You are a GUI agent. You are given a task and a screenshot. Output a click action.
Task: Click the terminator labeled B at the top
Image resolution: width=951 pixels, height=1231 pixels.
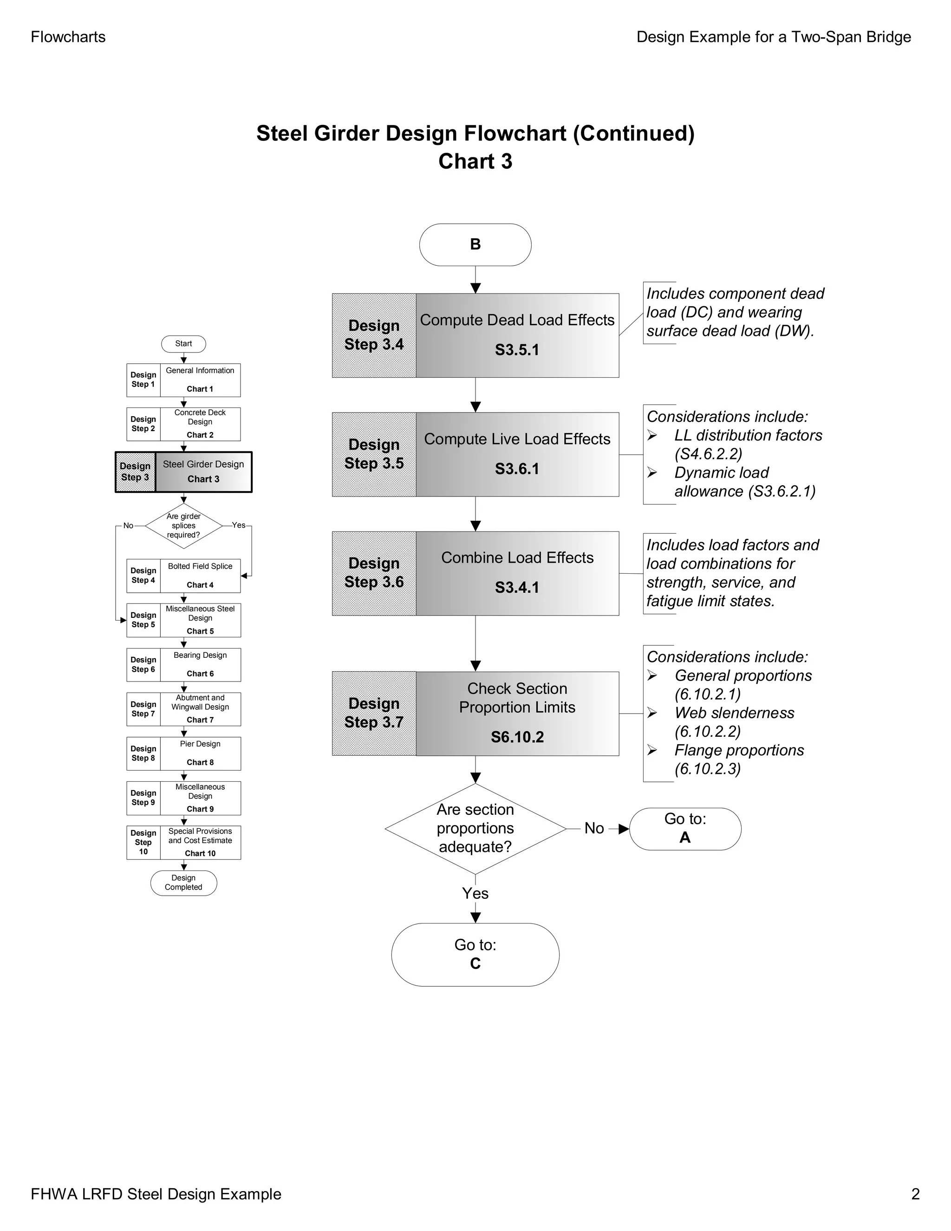coord(475,245)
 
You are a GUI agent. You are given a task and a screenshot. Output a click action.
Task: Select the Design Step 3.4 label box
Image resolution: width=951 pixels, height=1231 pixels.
coord(373,335)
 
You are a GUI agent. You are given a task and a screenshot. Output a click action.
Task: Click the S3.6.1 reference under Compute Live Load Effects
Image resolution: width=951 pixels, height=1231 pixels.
coord(517,469)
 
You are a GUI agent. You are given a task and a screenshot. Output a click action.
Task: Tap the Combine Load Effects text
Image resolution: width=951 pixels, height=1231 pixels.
coord(517,557)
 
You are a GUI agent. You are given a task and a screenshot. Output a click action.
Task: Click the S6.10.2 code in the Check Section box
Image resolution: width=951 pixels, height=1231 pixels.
coord(517,737)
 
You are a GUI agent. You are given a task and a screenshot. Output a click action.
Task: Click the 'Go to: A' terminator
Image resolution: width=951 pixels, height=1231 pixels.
coord(684,829)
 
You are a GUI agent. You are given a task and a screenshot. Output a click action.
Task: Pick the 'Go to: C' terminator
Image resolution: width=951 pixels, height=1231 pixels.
coord(475,954)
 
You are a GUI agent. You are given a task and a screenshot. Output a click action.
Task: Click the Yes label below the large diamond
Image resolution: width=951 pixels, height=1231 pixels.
coord(475,893)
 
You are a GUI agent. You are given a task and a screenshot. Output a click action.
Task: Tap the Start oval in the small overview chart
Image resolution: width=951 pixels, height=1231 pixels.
coord(183,344)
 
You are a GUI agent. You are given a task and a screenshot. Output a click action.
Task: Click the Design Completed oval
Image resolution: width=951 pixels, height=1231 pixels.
coord(183,883)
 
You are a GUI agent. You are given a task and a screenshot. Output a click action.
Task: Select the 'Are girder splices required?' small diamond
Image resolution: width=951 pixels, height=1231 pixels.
coord(183,526)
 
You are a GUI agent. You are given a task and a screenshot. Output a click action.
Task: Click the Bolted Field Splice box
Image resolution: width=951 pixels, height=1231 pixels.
coord(200,576)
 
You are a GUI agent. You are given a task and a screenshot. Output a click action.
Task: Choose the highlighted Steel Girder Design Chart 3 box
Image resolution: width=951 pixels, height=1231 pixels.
coord(203,472)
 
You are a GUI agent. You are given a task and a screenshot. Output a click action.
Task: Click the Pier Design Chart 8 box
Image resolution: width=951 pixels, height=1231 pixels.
coord(200,753)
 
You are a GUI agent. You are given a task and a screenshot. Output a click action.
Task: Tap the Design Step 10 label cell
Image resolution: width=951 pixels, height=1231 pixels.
coord(143,842)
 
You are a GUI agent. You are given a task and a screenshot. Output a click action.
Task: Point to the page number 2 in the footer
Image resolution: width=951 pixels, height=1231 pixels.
coord(915,1194)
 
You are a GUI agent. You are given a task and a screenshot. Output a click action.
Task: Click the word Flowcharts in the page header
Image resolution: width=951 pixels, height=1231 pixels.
coord(68,37)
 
